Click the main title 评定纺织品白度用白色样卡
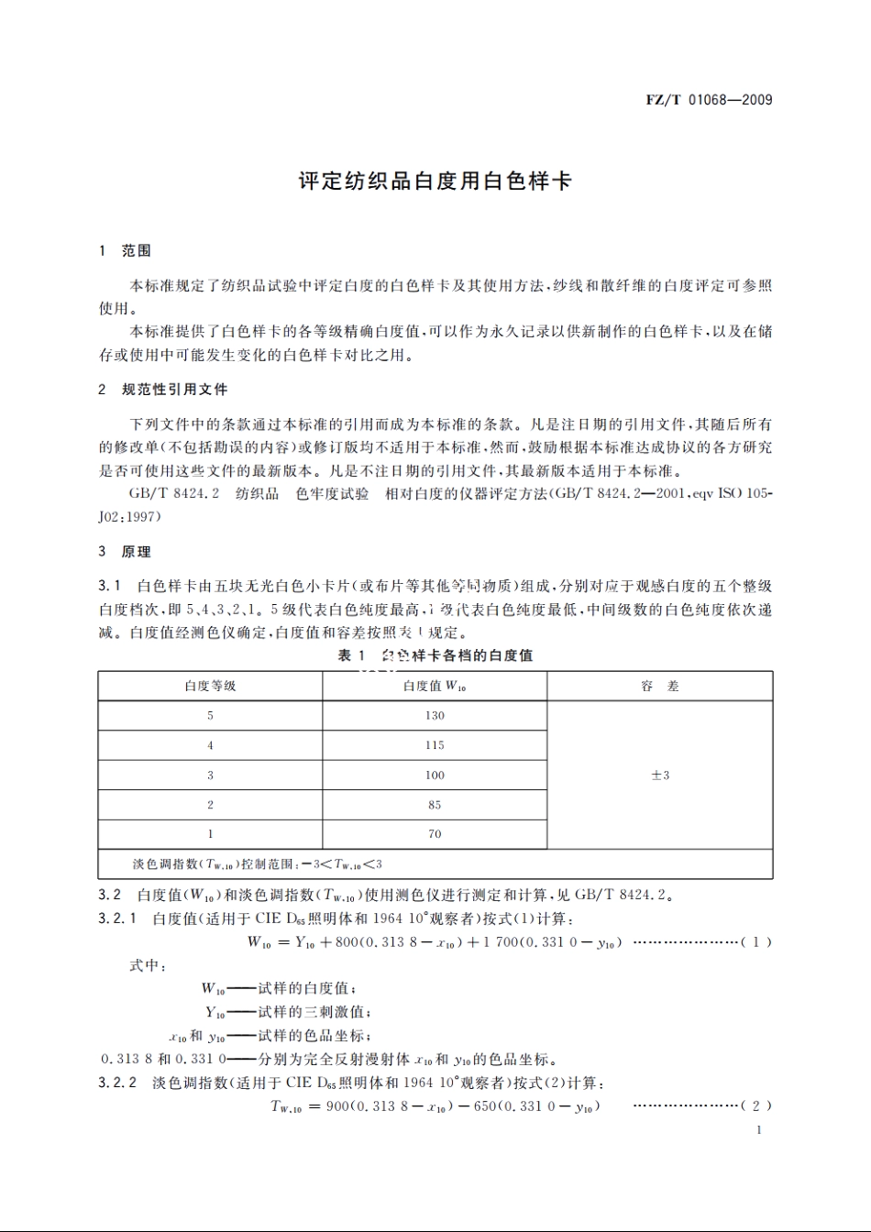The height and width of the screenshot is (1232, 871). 435,181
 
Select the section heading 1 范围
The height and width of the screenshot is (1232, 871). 125,251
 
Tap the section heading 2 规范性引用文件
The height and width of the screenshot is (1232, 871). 163,390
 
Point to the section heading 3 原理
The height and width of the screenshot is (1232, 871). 125,552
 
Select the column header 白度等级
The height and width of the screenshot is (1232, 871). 210,687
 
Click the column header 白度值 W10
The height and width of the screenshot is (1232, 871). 435,687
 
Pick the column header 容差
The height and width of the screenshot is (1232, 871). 660,687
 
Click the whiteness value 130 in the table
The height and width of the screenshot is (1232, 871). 435,716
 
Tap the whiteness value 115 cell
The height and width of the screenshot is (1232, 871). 435,745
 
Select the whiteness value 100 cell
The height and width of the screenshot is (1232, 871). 435,775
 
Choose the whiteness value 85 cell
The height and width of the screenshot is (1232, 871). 435,805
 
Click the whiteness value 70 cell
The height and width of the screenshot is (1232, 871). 435,834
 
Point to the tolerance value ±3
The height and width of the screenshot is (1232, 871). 660,775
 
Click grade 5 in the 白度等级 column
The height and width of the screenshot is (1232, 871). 210,716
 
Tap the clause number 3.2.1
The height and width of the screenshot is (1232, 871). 117,918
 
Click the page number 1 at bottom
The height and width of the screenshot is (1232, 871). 759,1130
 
